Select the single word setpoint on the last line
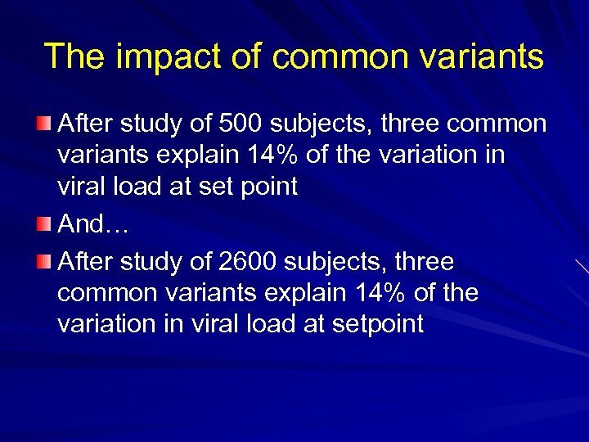(x=377, y=324)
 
